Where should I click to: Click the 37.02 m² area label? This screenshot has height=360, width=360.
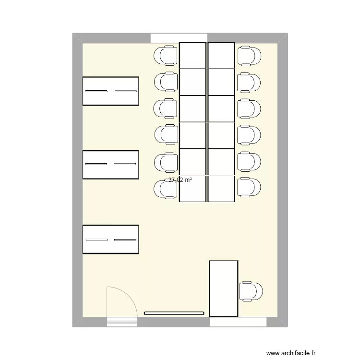coord(180,180)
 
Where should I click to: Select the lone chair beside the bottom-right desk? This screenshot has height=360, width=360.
coord(251,291)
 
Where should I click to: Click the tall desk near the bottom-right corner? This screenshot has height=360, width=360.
coord(224,288)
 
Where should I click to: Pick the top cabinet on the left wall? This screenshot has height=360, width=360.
coord(111,91)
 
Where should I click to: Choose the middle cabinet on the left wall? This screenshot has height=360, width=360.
coord(111,165)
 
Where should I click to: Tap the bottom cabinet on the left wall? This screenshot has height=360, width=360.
coord(111,239)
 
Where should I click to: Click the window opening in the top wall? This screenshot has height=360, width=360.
coord(179,38)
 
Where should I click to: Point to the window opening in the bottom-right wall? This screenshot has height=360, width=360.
coord(238,322)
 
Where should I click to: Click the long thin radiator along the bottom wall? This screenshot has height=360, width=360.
coord(174,313)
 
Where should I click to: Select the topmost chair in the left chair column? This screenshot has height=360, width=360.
coord(165,56)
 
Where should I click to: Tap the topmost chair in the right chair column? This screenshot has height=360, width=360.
coord(249,56)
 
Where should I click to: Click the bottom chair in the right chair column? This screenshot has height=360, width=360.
coord(249,187)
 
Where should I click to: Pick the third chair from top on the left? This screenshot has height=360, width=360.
coord(165,108)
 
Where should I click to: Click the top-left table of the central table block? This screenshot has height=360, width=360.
coord(192,55)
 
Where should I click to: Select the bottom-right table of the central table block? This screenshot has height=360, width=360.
coord(221,188)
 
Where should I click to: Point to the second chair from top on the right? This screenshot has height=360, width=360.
coord(249,82)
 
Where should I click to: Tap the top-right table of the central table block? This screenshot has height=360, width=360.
coord(221,55)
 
